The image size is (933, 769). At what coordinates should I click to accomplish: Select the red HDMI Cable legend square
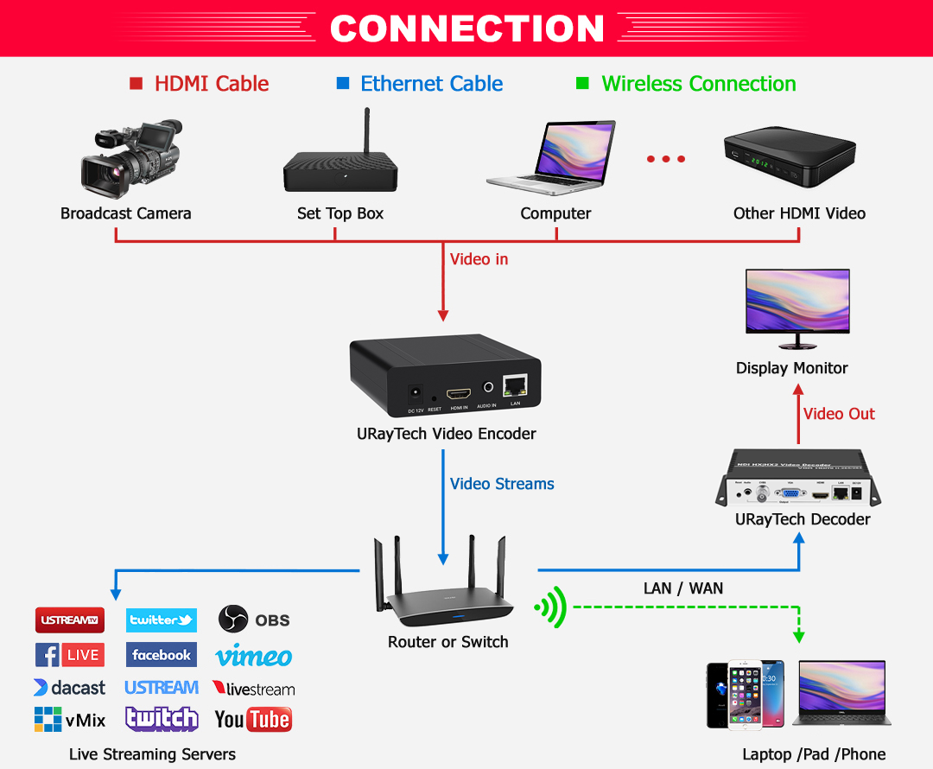(x=136, y=84)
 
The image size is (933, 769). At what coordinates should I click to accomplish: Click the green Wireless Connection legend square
(x=582, y=84)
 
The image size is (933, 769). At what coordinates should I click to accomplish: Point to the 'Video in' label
(x=479, y=258)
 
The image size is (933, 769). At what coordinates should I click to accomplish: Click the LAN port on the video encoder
(x=516, y=386)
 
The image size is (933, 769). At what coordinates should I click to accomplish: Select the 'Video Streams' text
(x=502, y=484)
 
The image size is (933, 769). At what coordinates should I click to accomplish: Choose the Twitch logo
(x=162, y=719)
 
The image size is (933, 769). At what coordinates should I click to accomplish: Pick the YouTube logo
(x=253, y=719)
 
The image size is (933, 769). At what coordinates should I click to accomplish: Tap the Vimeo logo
(x=254, y=657)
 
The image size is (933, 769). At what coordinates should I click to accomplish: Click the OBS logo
(x=254, y=620)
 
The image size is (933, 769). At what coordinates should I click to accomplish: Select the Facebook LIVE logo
(x=70, y=655)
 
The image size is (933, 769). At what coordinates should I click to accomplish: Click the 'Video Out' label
(x=839, y=414)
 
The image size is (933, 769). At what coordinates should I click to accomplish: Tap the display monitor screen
(x=797, y=300)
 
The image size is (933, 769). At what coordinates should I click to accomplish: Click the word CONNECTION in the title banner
(x=466, y=29)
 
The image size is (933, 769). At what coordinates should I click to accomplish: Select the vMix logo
(x=70, y=719)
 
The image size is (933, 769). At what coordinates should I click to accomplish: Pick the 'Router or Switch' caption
(x=447, y=642)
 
